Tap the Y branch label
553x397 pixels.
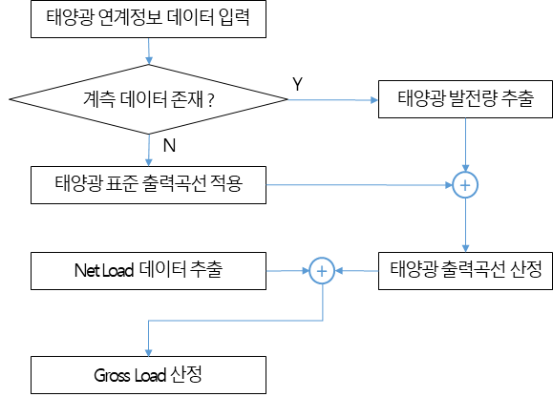coord(297,84)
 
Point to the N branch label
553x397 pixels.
coord(169,145)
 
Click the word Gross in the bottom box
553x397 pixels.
coord(112,375)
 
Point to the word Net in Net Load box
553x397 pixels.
coord(86,270)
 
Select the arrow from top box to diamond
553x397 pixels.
coord(148,52)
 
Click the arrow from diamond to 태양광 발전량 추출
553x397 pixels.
coord(333,100)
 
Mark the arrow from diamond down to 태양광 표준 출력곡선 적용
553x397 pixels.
coord(149,151)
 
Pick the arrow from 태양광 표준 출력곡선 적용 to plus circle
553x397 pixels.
coord(359,185)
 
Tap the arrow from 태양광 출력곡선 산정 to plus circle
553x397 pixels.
coord(356,271)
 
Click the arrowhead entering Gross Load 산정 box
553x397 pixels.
coord(148,352)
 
